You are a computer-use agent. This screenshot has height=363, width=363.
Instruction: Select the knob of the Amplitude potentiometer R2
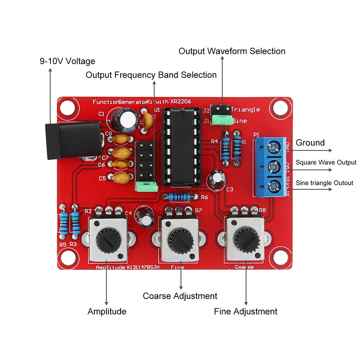pos(108,240)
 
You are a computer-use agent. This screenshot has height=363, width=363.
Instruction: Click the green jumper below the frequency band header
pos(146,186)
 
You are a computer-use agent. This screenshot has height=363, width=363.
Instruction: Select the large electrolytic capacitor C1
pos(123,119)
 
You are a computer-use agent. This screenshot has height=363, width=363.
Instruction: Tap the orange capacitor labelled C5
pos(121,177)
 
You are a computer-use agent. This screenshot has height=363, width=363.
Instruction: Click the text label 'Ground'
pos(310,143)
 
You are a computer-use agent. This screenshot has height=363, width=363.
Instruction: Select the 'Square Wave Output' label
pos(326,162)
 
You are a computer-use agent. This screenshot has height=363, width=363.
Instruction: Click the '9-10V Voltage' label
pos(67,61)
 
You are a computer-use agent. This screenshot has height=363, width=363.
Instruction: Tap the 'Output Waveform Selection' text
pos(232,51)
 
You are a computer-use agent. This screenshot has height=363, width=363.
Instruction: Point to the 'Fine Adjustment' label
pos(246,311)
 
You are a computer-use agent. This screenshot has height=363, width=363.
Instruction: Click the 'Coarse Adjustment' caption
pos(180,296)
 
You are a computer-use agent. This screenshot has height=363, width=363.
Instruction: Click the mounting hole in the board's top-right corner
pos(280,108)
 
